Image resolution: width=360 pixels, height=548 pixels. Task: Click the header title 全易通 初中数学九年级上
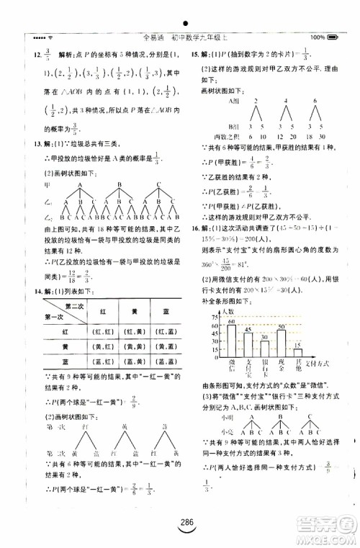pos(179,37)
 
